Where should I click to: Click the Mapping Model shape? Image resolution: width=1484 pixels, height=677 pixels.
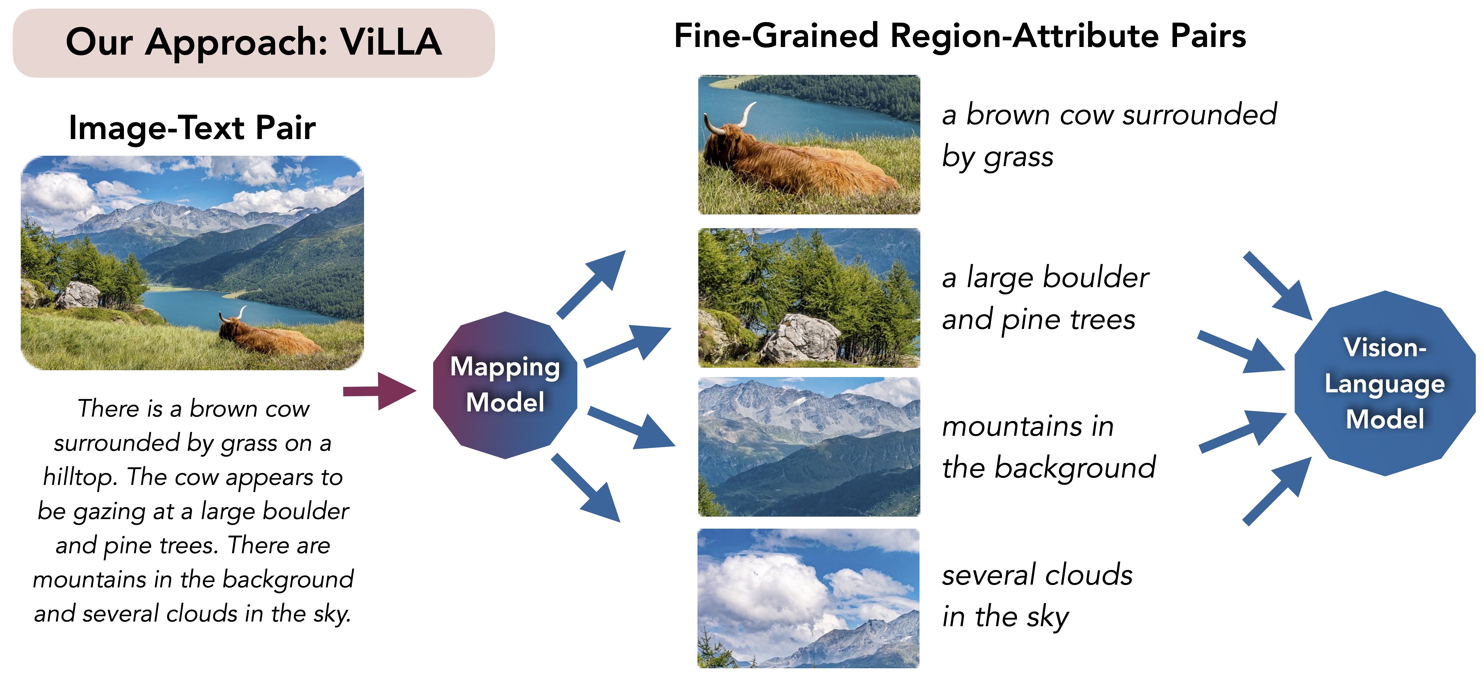coord(505,385)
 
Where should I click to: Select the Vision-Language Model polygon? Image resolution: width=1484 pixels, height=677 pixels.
coord(1385,383)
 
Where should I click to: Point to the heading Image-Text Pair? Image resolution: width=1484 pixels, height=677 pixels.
coord(192,128)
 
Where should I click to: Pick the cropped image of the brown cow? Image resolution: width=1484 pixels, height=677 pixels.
coord(809,145)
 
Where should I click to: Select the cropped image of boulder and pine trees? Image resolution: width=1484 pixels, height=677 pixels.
coord(809,298)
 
